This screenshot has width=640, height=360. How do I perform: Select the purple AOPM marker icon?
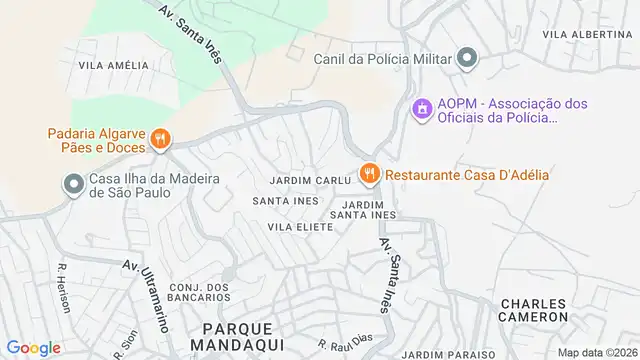(422, 106)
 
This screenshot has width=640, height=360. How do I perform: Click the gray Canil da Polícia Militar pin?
(466, 57)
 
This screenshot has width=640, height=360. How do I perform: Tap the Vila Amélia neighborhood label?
(113, 66)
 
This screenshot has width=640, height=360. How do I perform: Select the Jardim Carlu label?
(310, 181)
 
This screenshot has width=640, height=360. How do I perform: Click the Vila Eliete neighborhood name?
(300, 227)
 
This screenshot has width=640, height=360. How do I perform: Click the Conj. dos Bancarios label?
(200, 292)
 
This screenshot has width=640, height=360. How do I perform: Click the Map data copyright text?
(598, 352)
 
